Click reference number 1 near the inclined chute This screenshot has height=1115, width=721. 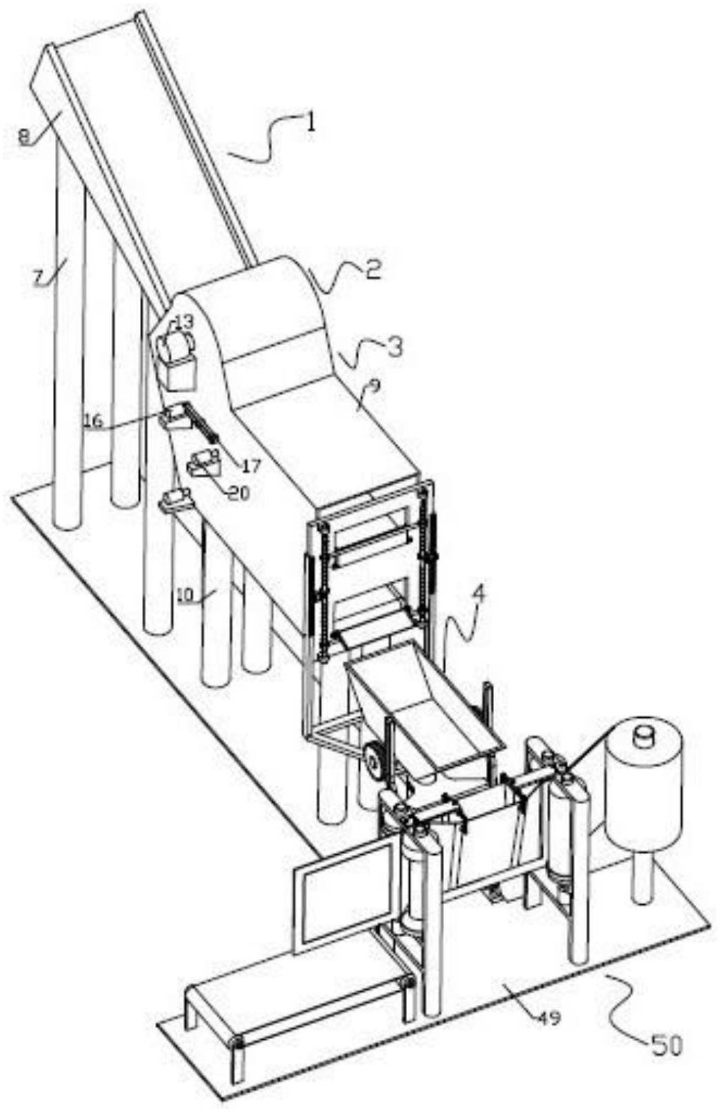[x=310, y=122]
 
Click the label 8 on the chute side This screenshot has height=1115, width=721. [x=24, y=136]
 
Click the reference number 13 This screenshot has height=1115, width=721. [x=183, y=322]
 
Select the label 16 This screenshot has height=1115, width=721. [x=94, y=420]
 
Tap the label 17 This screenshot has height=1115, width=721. [x=251, y=466]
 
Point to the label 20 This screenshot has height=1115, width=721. [x=239, y=492]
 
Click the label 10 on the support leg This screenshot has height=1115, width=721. [x=185, y=595]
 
